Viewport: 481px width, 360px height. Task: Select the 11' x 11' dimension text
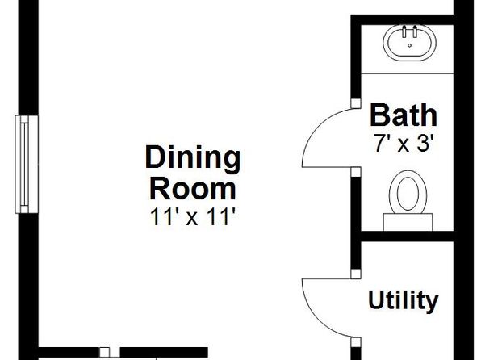point(194,216)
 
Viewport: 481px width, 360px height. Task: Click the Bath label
point(404,115)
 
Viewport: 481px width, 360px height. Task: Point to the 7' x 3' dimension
point(404,144)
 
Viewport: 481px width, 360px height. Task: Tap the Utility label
point(403,300)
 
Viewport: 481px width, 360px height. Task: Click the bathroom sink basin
point(409,42)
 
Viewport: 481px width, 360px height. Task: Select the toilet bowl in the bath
point(408,192)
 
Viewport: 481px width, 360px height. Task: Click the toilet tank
point(408,222)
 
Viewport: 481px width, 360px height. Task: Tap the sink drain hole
point(409,45)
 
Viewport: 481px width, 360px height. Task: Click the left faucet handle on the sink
point(404,32)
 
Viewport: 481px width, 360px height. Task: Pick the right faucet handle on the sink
point(415,32)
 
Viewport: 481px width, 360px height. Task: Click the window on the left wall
point(27,164)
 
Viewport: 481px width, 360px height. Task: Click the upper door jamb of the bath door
point(356,103)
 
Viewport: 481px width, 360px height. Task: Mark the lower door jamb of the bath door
point(356,172)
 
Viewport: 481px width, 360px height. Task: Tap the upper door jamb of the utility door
point(356,274)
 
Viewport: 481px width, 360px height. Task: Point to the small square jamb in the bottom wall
point(105,352)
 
